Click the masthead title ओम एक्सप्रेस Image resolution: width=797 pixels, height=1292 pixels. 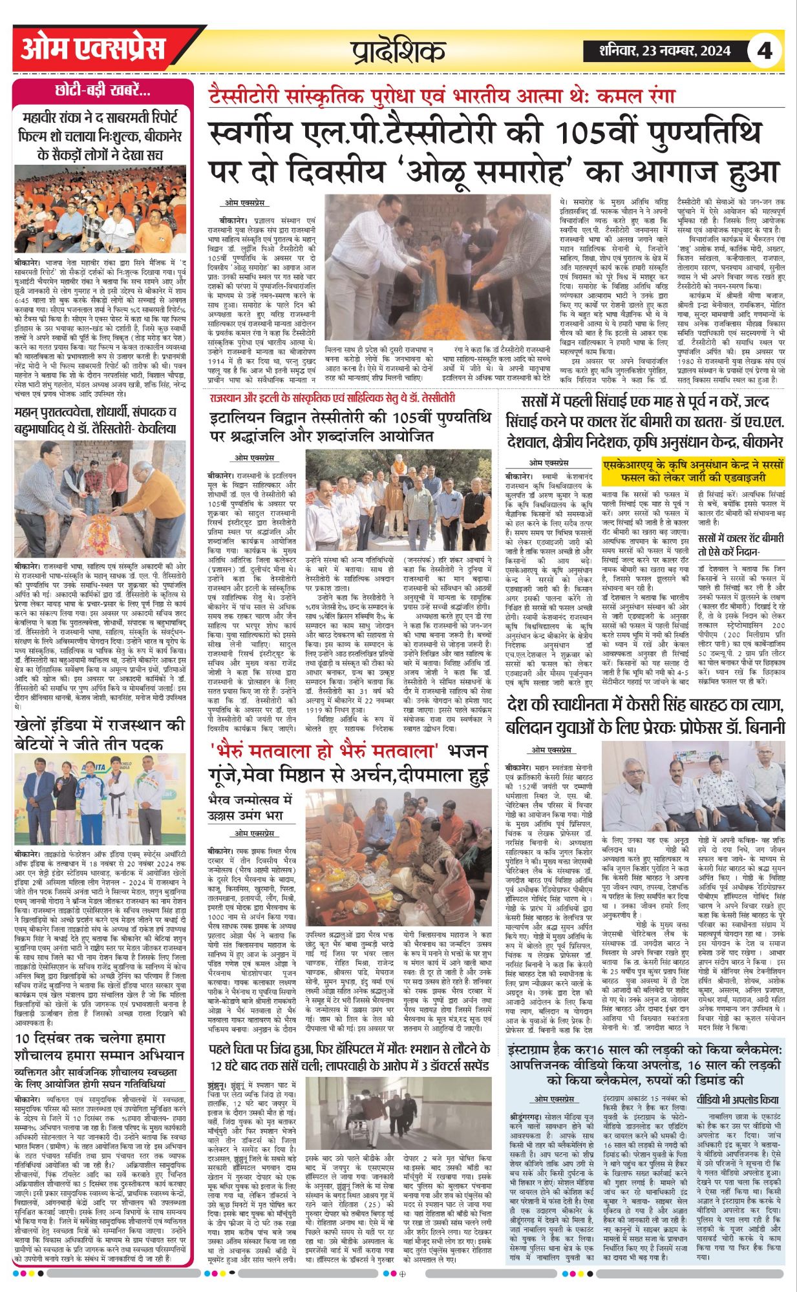tap(93, 49)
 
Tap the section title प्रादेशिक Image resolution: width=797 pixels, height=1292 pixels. tap(398, 51)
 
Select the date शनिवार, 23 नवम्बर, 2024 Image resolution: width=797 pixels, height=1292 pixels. tap(657, 50)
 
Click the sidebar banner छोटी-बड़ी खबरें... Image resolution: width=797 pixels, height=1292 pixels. tap(103, 90)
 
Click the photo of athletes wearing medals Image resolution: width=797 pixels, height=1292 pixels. tap(100, 798)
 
